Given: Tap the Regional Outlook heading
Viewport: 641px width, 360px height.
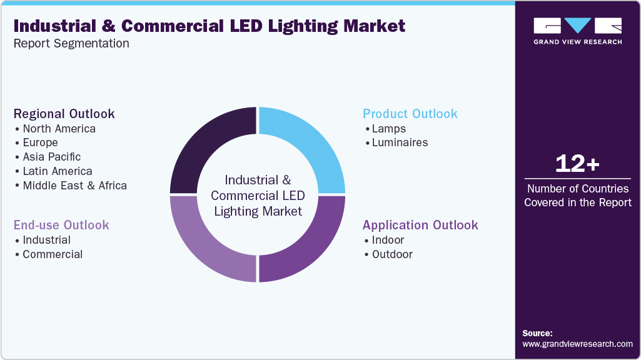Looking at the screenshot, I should pyautogui.click(x=64, y=114).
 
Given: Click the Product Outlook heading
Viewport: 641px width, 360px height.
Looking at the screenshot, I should pyautogui.click(x=410, y=114).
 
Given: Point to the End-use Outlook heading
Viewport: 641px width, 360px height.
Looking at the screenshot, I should pyautogui.click(x=61, y=225).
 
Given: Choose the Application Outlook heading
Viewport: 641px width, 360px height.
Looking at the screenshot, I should pyautogui.click(x=420, y=225).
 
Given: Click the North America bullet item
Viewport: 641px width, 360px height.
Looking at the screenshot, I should pyautogui.click(x=59, y=129).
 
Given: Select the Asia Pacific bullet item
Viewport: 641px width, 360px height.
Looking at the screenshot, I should pyautogui.click(x=51, y=157).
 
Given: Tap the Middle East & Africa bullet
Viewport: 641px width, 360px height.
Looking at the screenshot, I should pyautogui.click(x=74, y=186).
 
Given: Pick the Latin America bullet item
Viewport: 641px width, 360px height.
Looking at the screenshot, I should pyautogui.click(x=57, y=171).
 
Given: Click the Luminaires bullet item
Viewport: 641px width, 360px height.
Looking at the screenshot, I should pyautogui.click(x=400, y=142).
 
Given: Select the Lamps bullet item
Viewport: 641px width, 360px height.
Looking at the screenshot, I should pyautogui.click(x=388, y=129).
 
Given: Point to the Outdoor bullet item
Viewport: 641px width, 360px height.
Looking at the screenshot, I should pyautogui.click(x=392, y=254).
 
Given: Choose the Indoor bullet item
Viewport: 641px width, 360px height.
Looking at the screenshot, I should pyautogui.click(x=388, y=240).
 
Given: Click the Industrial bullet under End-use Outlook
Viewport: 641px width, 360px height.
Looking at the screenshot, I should pyautogui.click(x=46, y=240).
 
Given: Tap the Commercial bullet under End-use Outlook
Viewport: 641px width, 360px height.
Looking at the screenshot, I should pyautogui.click(x=53, y=254).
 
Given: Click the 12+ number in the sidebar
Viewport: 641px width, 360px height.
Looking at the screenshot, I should pyautogui.click(x=577, y=164).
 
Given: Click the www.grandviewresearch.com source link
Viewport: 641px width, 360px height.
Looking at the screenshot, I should pyautogui.click(x=577, y=344).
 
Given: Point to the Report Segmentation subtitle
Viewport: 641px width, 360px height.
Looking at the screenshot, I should pyautogui.click(x=71, y=44).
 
